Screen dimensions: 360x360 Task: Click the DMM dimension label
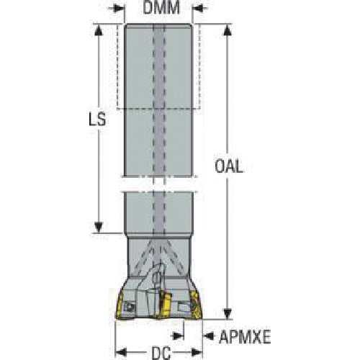point(161,7)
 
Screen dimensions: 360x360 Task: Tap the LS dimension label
point(97,120)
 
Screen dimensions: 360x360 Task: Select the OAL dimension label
point(229,166)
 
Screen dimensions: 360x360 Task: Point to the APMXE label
point(245,336)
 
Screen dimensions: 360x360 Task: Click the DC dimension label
point(161,353)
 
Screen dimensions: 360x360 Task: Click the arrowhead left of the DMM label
point(120,9)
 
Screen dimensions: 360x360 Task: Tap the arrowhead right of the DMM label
point(197,9)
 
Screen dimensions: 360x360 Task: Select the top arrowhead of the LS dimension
point(99,30)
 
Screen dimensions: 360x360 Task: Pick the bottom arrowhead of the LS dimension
point(99,227)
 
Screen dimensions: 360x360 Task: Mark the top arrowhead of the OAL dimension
point(228,30)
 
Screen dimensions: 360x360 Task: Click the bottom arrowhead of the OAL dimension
point(228,313)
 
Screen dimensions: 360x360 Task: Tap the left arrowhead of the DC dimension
point(121,352)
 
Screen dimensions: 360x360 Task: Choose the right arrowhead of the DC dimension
point(197,352)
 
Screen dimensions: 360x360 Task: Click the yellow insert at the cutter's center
point(165,304)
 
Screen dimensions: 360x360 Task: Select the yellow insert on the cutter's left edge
point(120,305)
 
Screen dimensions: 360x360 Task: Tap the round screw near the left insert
point(130,307)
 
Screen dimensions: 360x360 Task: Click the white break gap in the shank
point(158,184)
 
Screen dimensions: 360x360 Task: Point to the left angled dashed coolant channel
point(143,258)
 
